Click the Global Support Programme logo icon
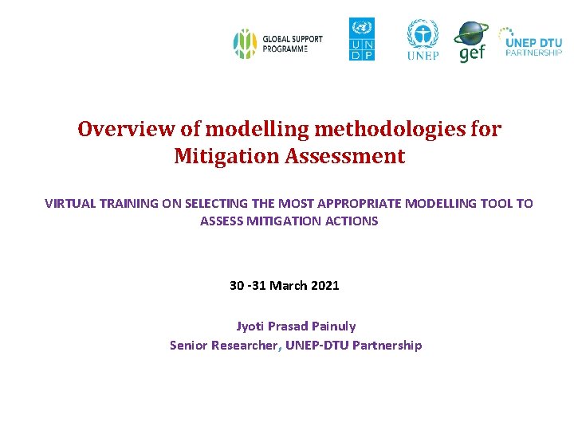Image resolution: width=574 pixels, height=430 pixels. tap(243, 43)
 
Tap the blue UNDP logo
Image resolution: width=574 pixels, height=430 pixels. tap(361, 39)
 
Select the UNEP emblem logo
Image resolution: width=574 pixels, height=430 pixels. tap(423, 39)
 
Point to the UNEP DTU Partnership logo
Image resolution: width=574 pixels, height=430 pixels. tap(530, 41)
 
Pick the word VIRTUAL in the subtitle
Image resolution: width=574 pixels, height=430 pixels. tap(71, 203)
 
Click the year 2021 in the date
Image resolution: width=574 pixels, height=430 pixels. tap(324, 285)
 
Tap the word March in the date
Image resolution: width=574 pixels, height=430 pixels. tap(287, 285)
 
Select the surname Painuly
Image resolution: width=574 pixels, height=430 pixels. tap(333, 326)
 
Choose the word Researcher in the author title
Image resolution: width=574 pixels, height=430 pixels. tap(245, 345)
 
